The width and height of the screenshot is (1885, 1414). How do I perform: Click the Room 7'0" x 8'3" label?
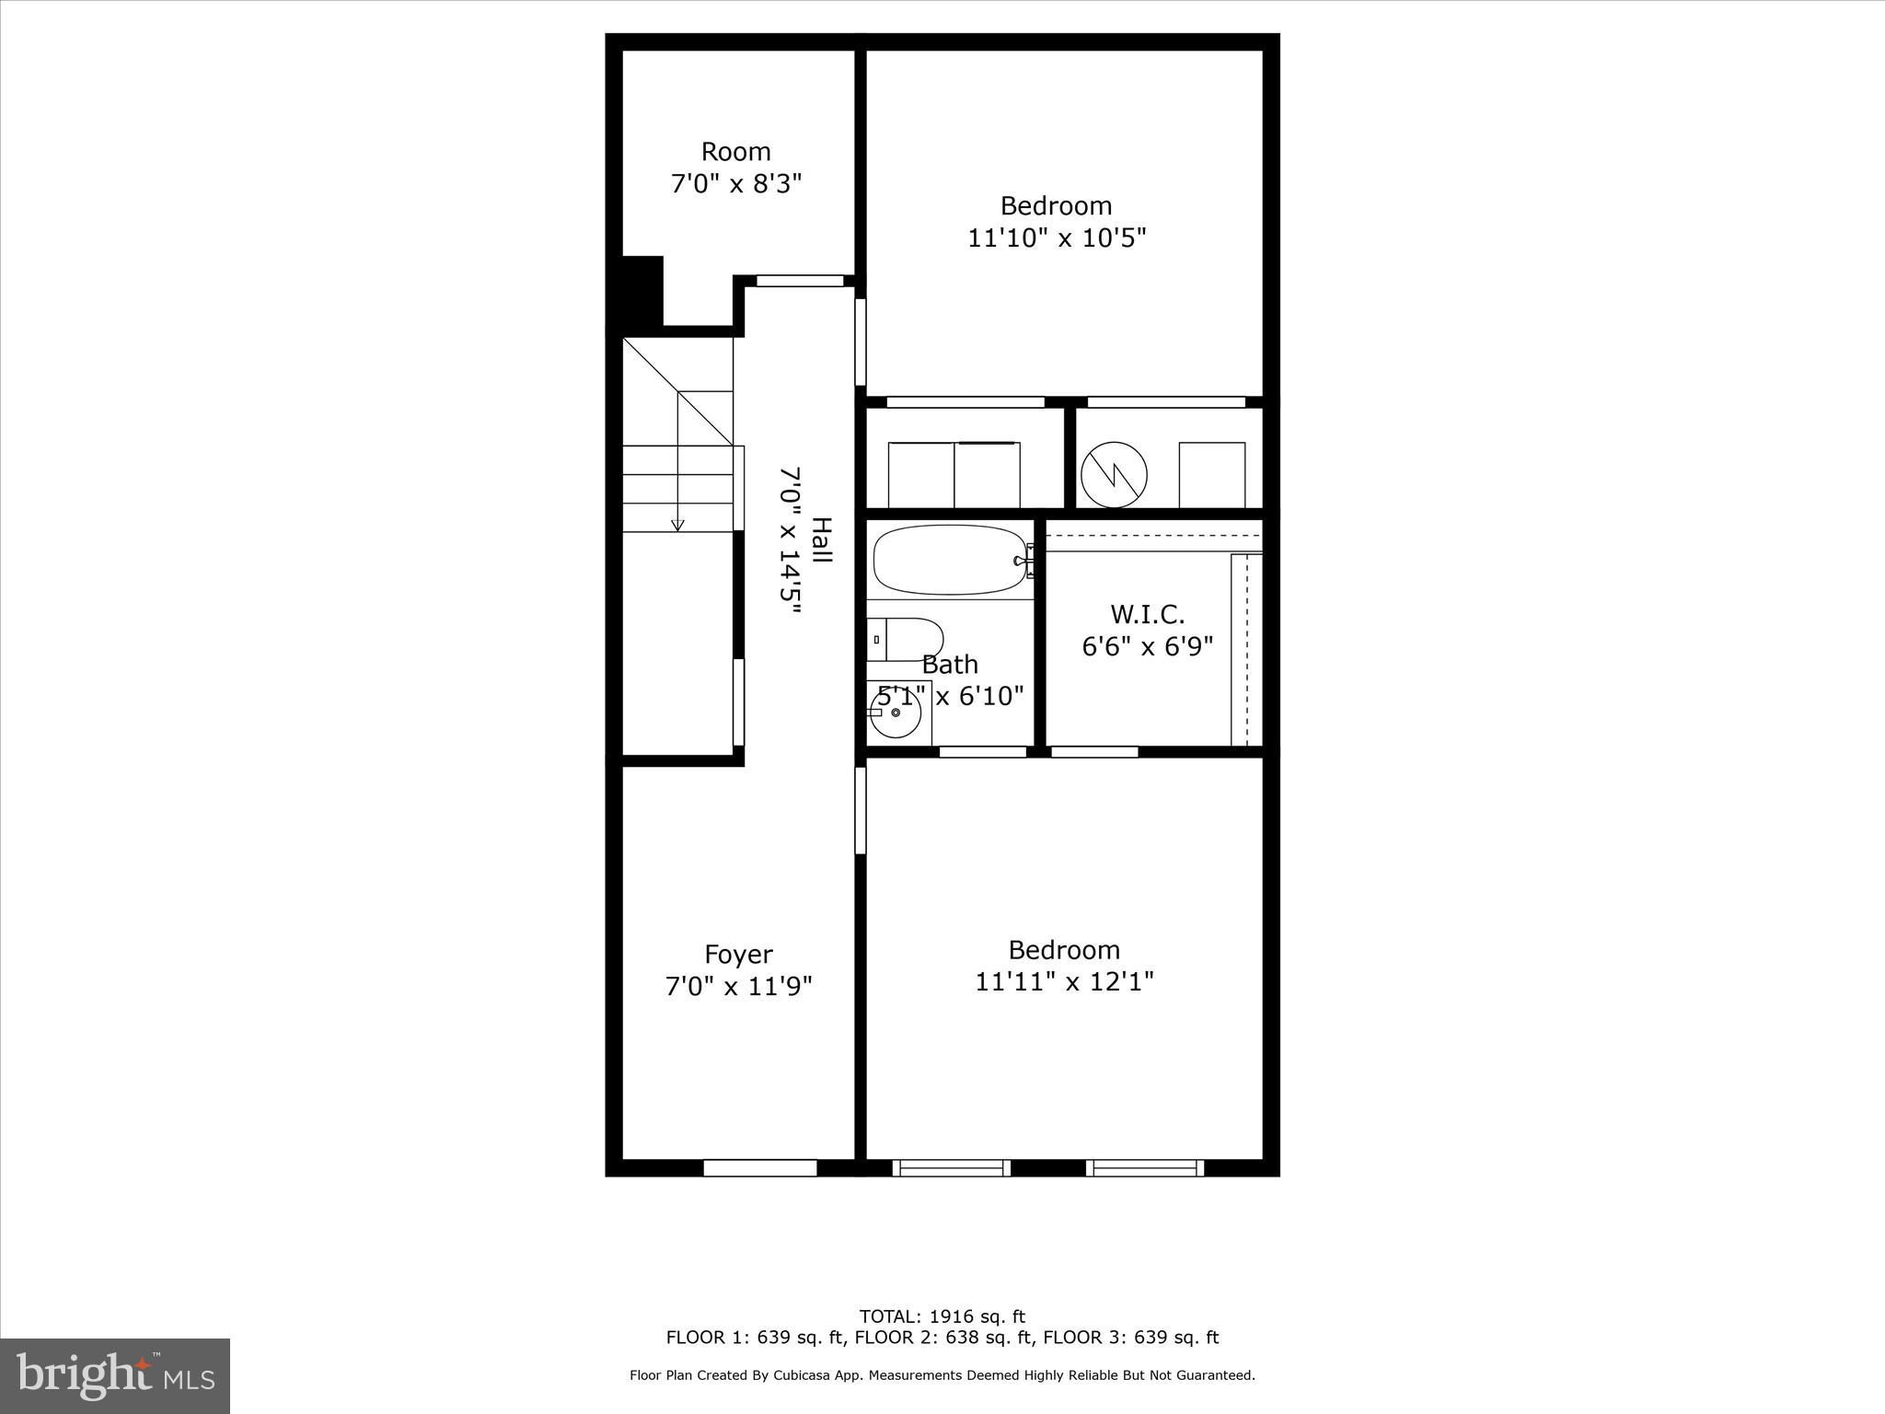[x=736, y=168]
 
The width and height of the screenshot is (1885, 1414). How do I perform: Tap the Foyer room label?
[x=738, y=954]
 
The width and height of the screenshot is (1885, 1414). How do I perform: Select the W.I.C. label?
[x=1147, y=614]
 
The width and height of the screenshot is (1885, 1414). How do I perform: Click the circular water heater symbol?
[x=1114, y=475]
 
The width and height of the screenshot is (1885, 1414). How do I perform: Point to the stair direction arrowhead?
[x=678, y=526]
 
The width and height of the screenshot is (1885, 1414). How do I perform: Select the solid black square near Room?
[x=642, y=290]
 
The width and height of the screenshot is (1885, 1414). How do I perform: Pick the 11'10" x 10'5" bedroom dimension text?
[x=1057, y=238]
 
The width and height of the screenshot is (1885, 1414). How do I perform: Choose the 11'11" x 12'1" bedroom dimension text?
[x=1064, y=982]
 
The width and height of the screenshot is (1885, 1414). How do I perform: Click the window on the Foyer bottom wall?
[x=760, y=1167]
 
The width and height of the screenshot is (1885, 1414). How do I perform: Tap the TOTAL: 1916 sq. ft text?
[x=942, y=1316]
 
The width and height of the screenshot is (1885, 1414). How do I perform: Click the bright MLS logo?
[x=115, y=1374]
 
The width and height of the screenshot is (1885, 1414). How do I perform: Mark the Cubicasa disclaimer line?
[x=942, y=1375]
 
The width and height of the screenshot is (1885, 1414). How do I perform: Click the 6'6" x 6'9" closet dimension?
[x=1147, y=646]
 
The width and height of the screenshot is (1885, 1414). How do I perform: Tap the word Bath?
[x=950, y=664]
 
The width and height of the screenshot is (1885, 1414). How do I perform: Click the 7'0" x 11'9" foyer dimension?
[x=738, y=987]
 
